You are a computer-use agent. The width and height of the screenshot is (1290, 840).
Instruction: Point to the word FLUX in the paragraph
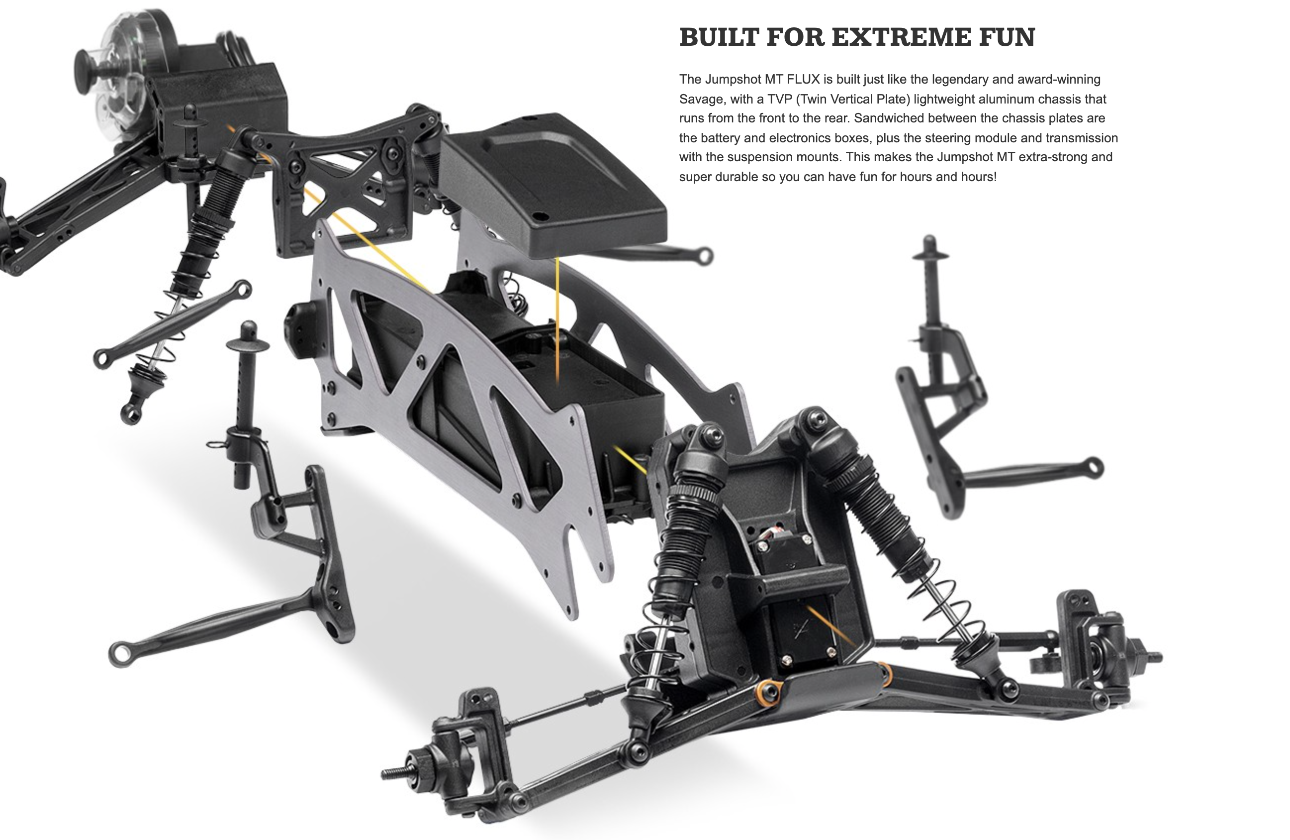click(x=803, y=80)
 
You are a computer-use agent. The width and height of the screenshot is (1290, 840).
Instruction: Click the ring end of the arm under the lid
click(x=704, y=255)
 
